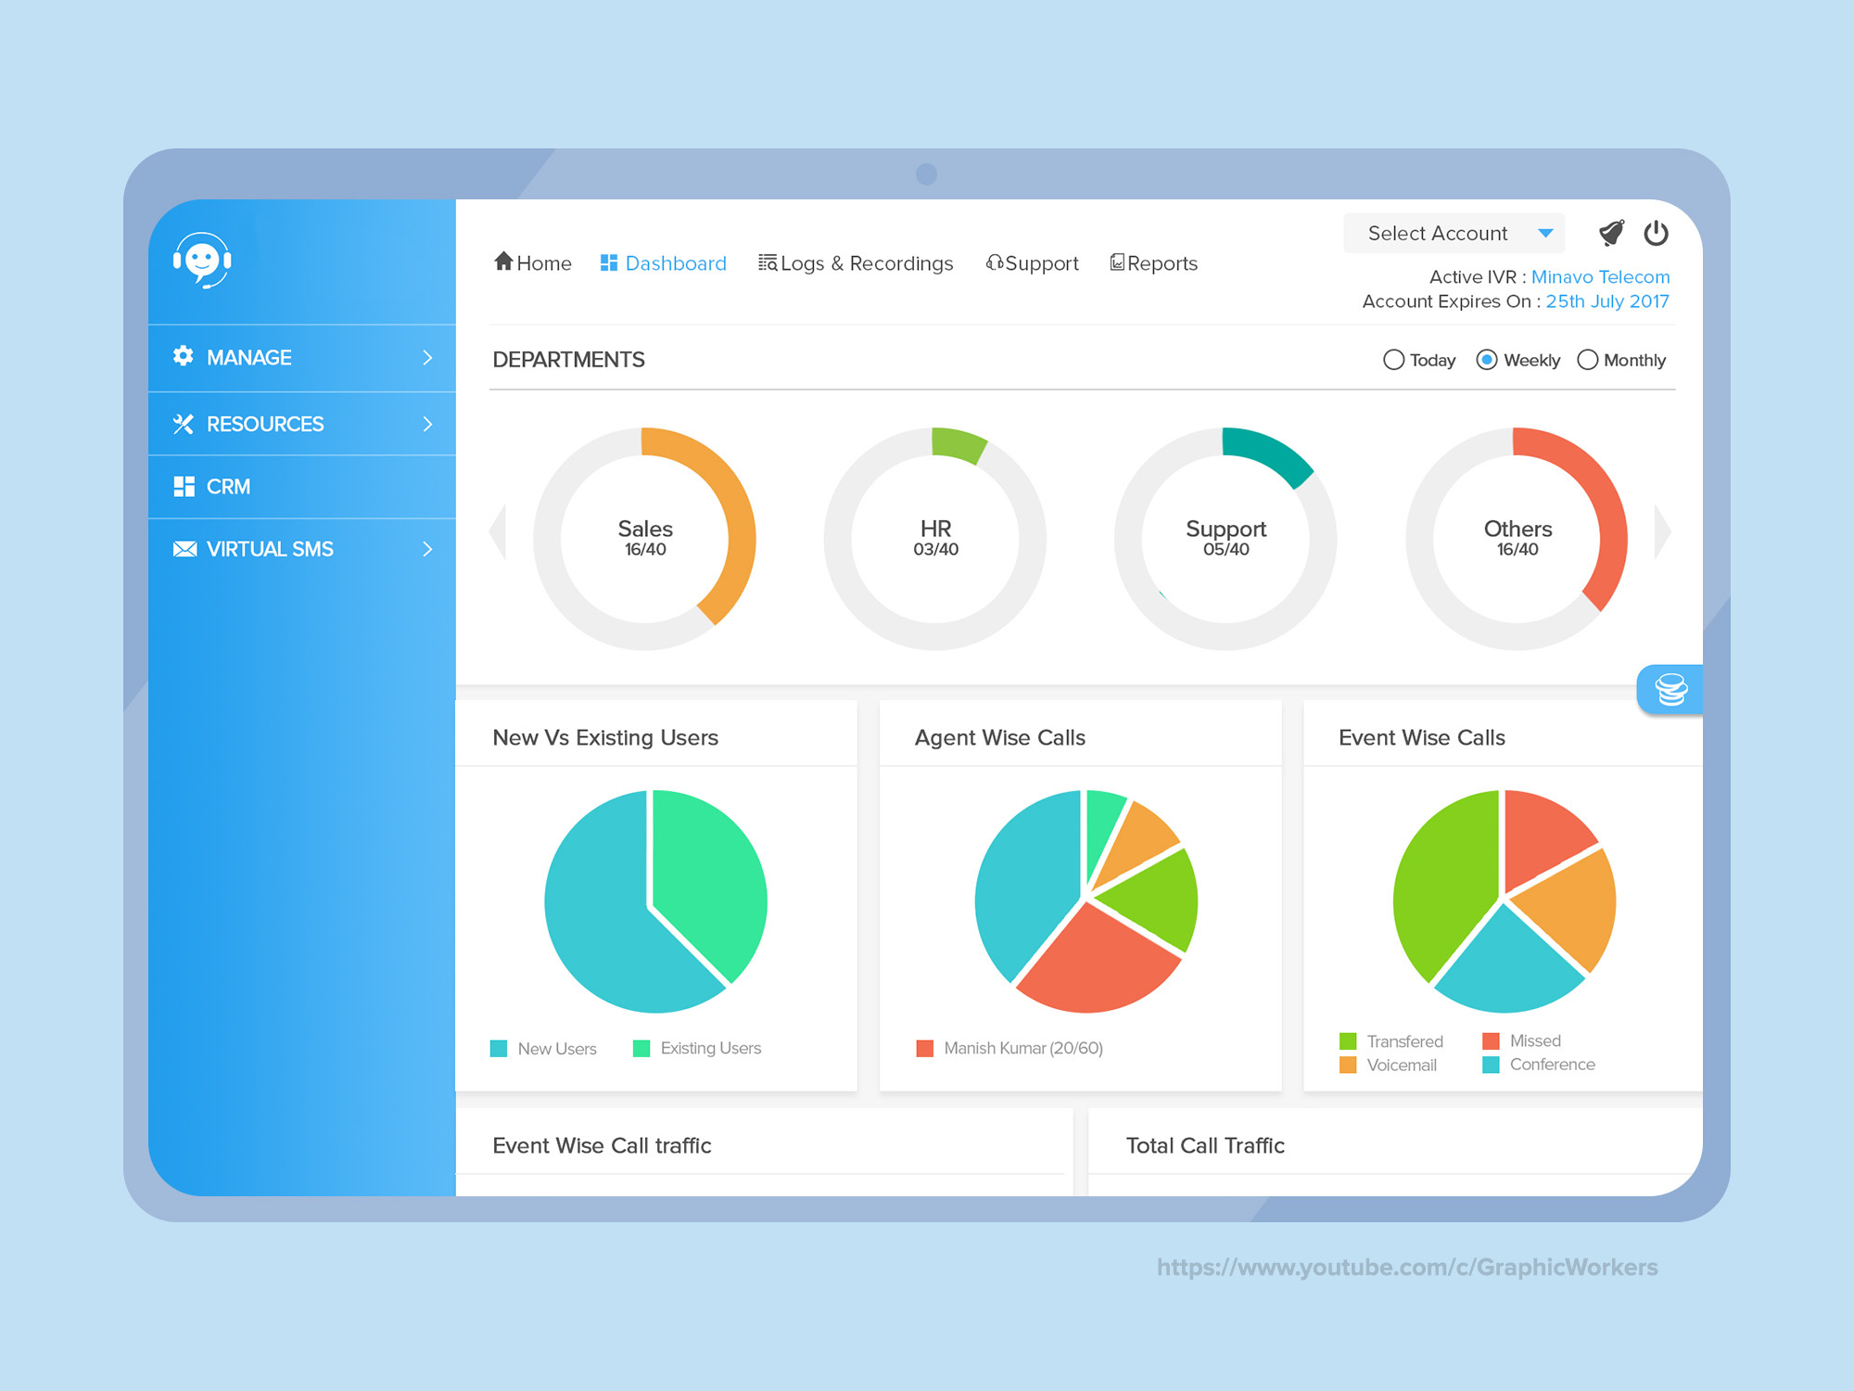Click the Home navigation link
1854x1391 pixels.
533,263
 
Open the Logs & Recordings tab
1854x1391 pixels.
856,263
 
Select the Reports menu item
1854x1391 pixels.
1154,263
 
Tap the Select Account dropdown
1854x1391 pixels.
1454,233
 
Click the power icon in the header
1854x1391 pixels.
1656,233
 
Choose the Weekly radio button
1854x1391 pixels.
1487,360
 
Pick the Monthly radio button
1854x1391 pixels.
1588,360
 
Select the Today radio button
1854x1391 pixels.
1393,360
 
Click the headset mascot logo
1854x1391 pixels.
202,261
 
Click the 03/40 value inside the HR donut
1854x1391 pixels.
935,550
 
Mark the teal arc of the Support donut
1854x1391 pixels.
1270,452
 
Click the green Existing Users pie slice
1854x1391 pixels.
709,872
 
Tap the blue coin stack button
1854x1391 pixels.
1670,689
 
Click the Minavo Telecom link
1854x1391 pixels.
1600,276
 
